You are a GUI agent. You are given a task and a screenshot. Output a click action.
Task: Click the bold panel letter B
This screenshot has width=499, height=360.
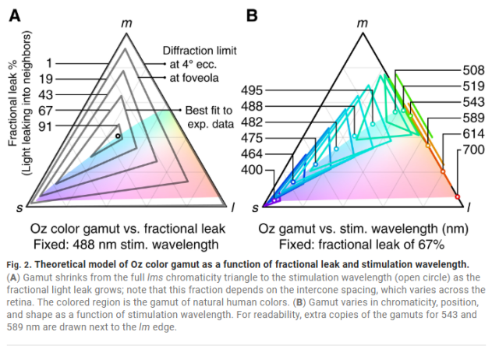253,15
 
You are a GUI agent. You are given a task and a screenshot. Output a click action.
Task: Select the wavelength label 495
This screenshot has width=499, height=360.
253,90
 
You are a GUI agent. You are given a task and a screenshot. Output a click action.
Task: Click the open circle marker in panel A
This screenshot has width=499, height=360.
118,136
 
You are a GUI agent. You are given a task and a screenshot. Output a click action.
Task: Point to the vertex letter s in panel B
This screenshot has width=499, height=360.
255,208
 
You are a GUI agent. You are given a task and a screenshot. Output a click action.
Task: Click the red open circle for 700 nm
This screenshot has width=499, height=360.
458,195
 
